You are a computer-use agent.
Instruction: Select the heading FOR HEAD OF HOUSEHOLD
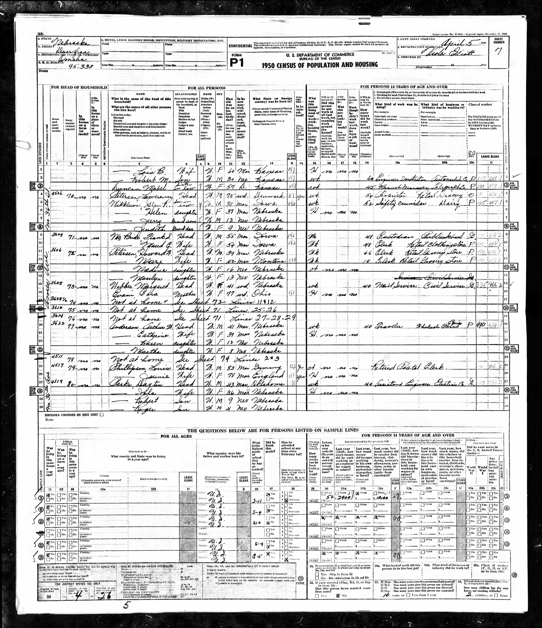[x=79, y=87]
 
